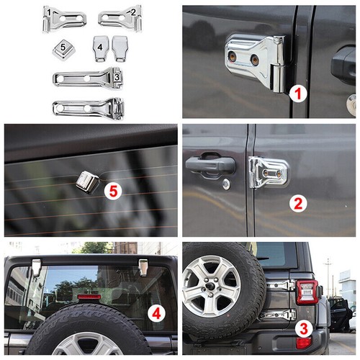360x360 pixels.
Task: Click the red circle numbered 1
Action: click(x=298, y=93)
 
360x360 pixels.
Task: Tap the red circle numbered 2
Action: click(x=298, y=203)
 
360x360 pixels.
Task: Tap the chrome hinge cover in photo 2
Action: click(x=268, y=172)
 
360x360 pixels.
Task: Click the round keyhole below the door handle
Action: click(x=226, y=184)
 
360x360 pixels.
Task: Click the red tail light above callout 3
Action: click(x=307, y=292)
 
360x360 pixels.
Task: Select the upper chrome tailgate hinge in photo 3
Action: click(x=280, y=286)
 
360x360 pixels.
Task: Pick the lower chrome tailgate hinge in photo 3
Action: click(x=277, y=315)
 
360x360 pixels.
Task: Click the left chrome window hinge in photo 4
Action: click(x=36, y=268)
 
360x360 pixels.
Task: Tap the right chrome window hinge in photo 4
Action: click(x=143, y=267)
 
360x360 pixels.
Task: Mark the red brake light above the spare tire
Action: click(x=89, y=297)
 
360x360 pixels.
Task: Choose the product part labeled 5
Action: click(x=64, y=50)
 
